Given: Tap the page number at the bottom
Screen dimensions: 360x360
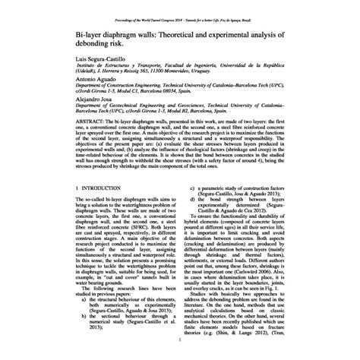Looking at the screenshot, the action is (x=180, y=341).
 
